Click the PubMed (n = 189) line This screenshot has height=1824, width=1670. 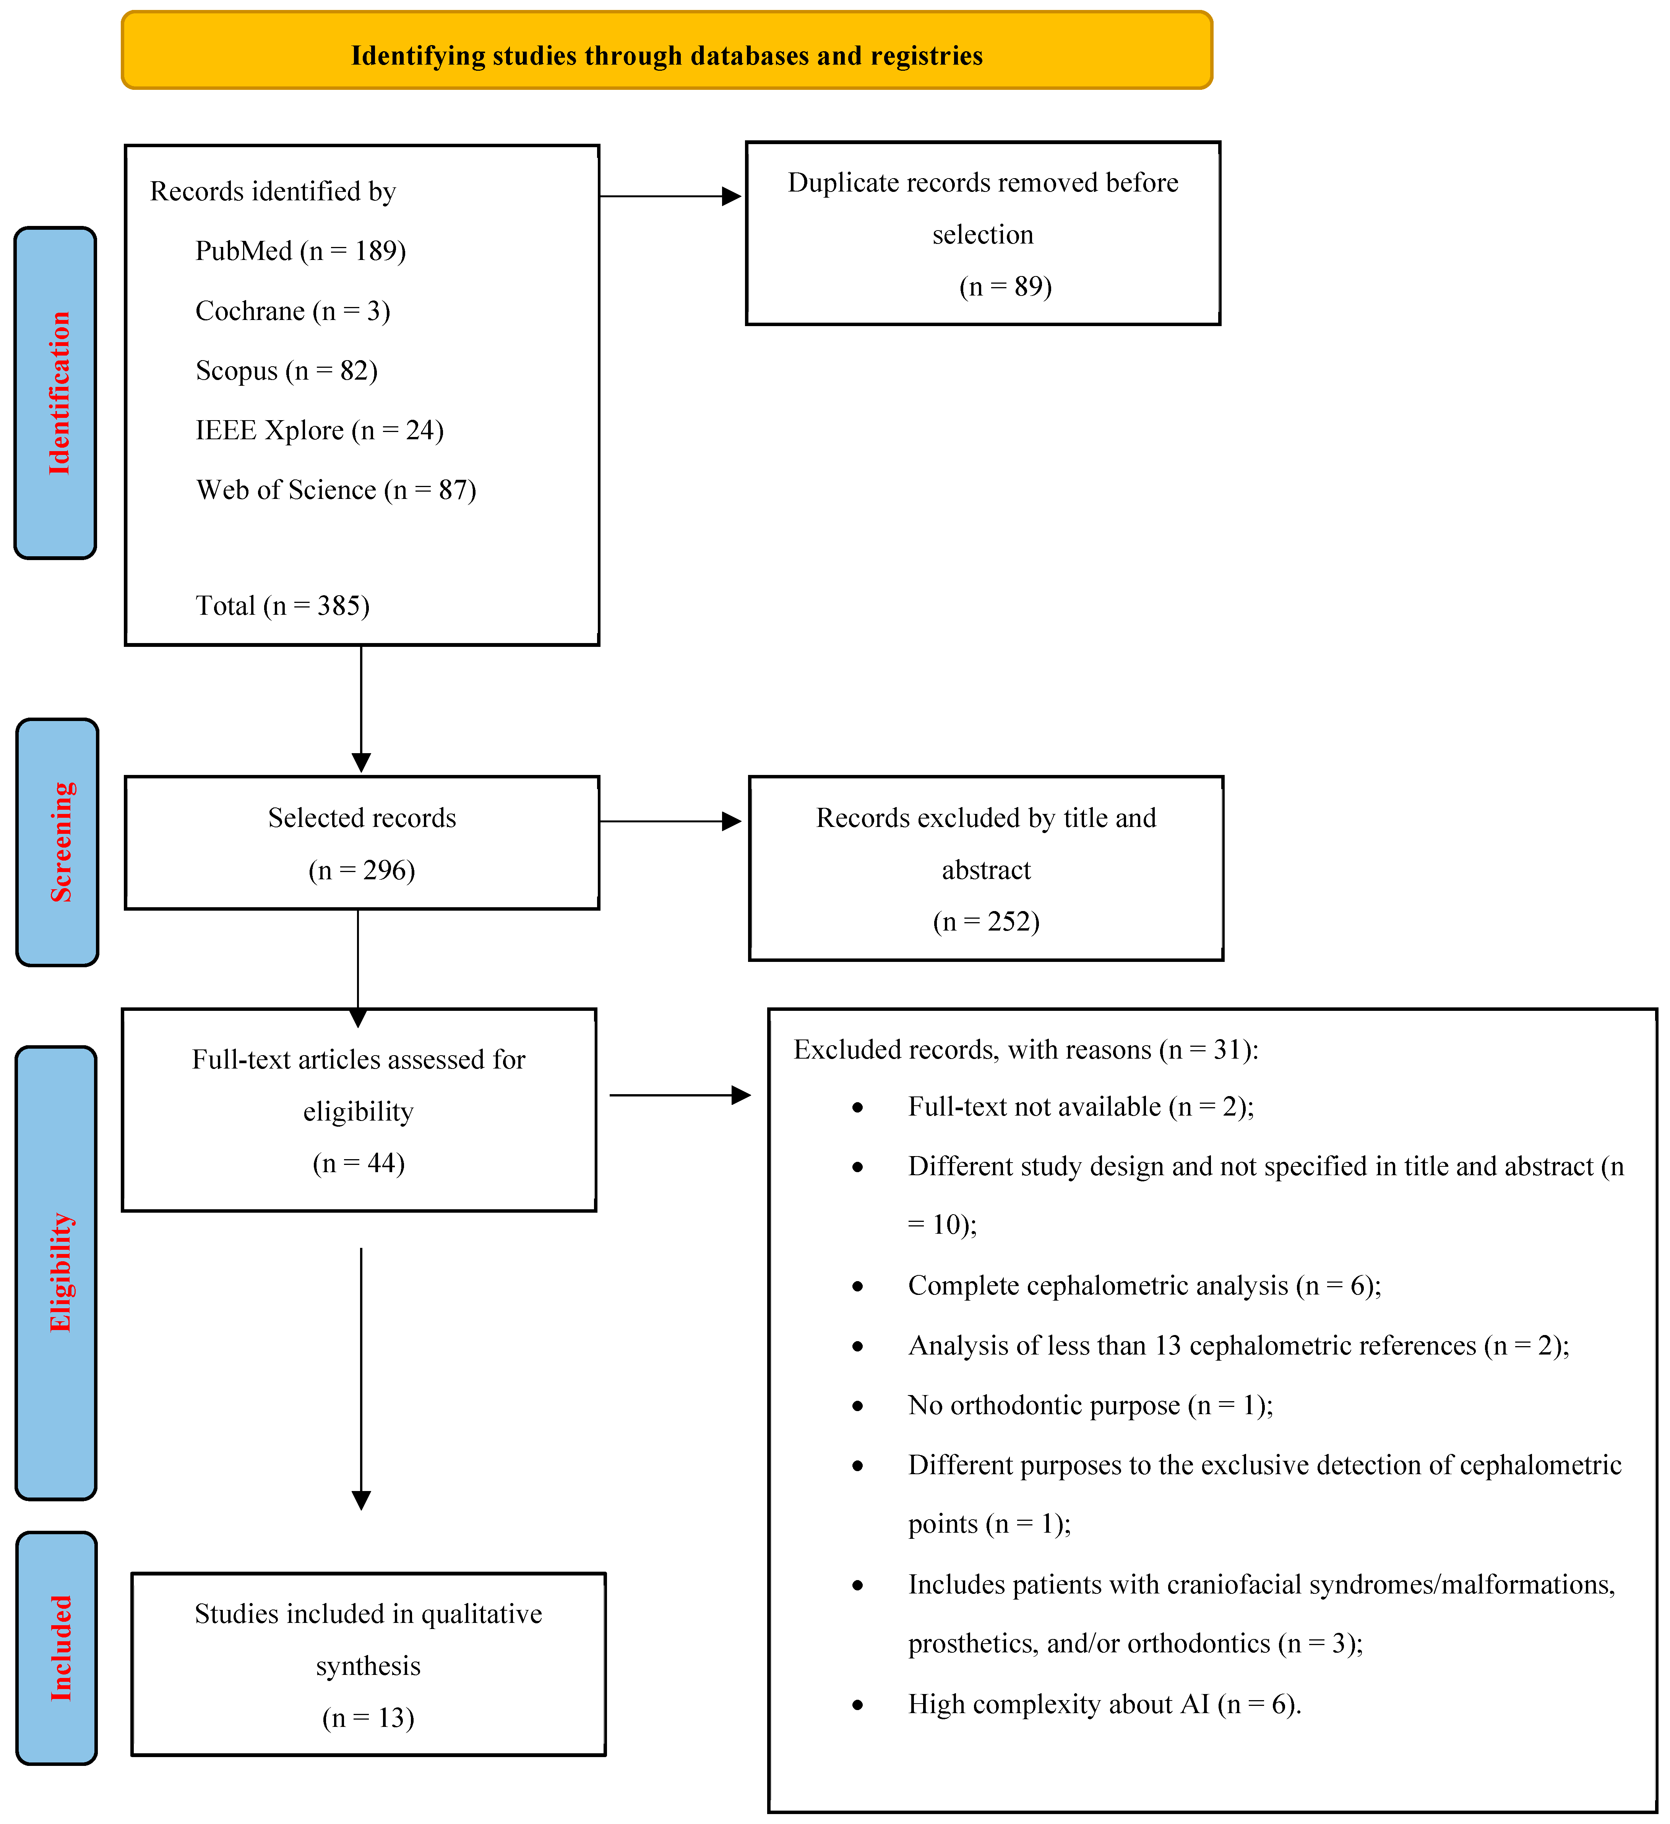300,251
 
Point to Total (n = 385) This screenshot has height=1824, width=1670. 282,605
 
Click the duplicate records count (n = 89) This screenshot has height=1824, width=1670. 1005,287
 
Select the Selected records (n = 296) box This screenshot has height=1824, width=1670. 362,842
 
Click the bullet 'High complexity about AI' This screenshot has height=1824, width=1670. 1104,1705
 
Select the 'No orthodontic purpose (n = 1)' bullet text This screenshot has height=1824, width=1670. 1090,1405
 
